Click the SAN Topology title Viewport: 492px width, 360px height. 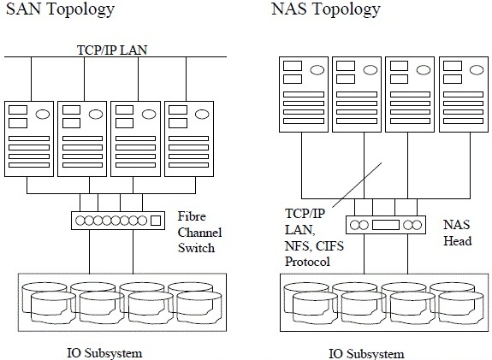tap(60, 9)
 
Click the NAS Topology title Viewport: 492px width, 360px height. tap(326, 9)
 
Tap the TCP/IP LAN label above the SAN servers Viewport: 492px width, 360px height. tap(112, 50)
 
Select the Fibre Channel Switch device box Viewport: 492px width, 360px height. tap(118, 221)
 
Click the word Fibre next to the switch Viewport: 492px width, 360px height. tap(192, 216)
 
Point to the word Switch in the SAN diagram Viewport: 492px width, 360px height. tap(197, 248)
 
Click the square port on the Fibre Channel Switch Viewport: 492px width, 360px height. tap(156, 221)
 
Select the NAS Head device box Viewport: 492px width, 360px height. tap(386, 225)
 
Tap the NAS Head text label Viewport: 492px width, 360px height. tap(457, 233)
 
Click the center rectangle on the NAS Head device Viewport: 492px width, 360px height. tap(386, 225)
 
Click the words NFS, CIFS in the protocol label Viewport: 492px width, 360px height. tap(314, 246)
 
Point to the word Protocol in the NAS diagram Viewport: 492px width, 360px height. tap(307, 262)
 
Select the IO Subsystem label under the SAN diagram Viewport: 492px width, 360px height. tap(104, 353)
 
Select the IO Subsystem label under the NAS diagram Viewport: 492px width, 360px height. tap(366, 354)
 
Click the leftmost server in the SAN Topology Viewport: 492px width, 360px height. tap(29, 139)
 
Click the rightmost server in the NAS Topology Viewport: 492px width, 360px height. tap(464, 94)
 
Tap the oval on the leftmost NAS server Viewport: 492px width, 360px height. tap(317, 70)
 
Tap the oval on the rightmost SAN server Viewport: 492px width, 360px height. tap(202, 114)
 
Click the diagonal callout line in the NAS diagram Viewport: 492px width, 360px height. tap(357, 185)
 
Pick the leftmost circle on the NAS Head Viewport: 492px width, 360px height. tap(354, 225)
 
